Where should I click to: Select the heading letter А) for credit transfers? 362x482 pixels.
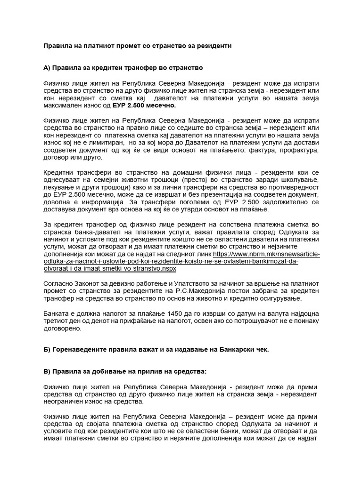coord(47,68)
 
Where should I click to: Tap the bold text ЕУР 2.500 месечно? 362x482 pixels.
coord(146,106)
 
